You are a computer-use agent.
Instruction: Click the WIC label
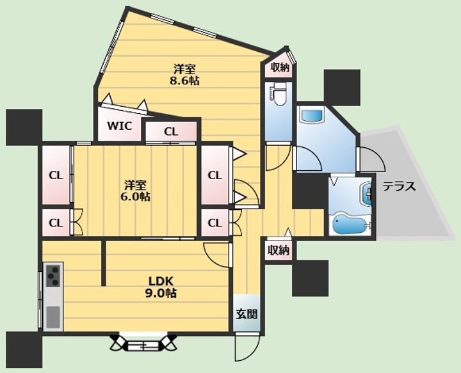(x=119, y=126)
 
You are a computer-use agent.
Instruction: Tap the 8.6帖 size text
(x=184, y=81)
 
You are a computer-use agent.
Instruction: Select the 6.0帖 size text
(x=135, y=196)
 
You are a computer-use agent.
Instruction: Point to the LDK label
(x=161, y=282)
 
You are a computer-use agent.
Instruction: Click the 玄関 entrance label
(x=247, y=314)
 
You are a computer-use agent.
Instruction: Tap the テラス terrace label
(x=400, y=186)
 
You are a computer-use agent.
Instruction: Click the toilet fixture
(x=277, y=95)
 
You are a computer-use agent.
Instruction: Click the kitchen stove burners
(x=53, y=276)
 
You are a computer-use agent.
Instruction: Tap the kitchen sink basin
(x=53, y=317)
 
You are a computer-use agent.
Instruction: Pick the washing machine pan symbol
(x=311, y=115)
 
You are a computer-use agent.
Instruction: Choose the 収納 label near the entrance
(x=278, y=250)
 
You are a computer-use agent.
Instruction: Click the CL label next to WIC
(x=171, y=132)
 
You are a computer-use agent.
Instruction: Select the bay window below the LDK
(x=143, y=343)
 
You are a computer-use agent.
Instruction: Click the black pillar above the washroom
(x=342, y=88)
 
